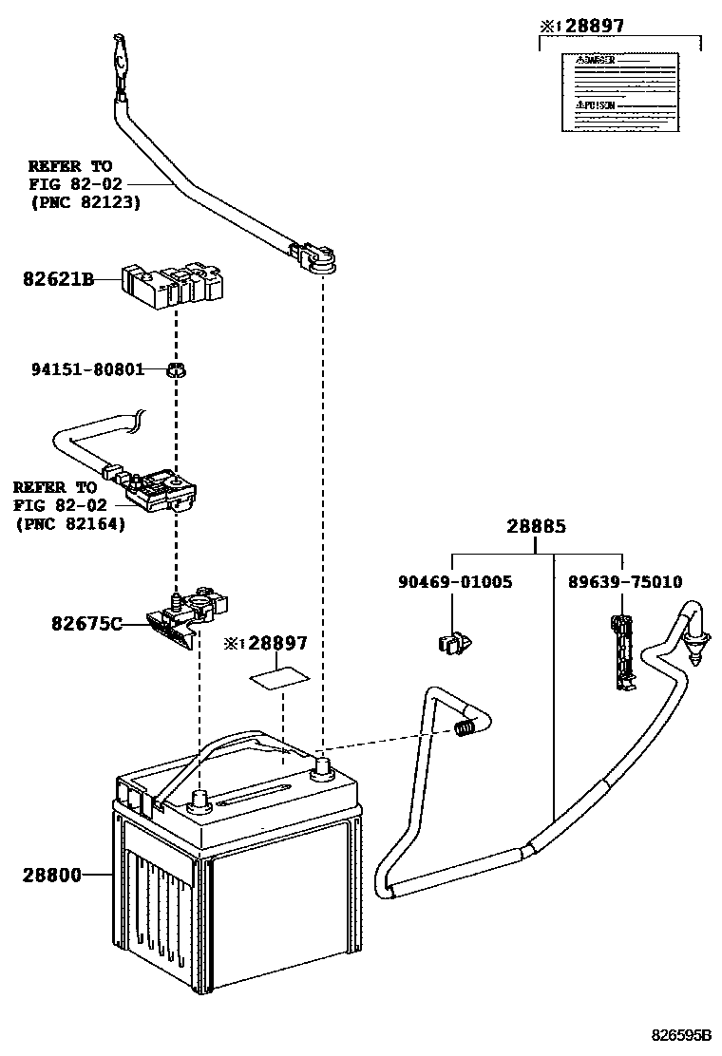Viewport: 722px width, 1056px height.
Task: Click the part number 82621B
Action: (58, 279)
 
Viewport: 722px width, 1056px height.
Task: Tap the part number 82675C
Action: (85, 623)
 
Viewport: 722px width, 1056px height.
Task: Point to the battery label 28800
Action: (51, 874)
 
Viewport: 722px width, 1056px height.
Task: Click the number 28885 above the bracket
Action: (536, 525)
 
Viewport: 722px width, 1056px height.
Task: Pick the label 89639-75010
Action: (624, 582)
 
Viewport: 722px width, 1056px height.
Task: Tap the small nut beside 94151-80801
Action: (175, 368)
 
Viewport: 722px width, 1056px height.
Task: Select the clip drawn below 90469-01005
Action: (454, 645)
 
